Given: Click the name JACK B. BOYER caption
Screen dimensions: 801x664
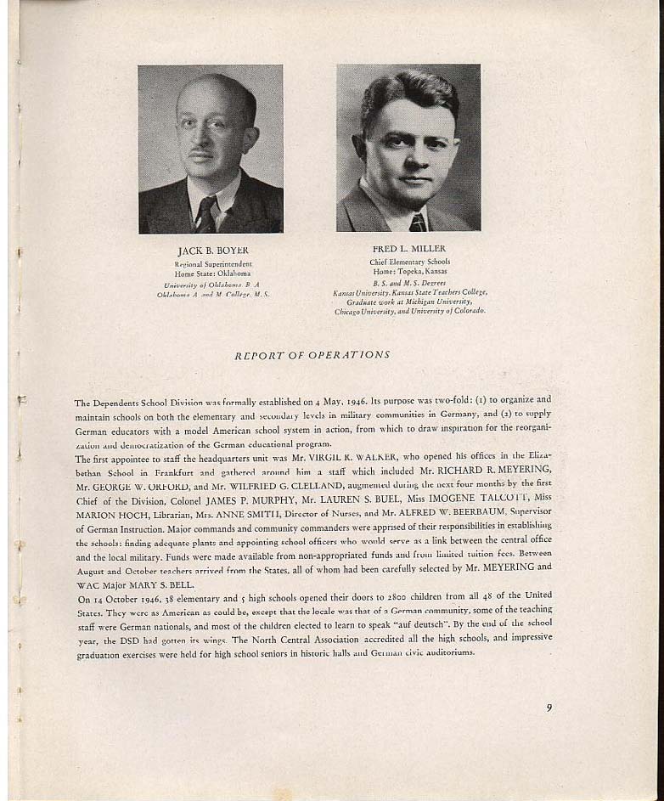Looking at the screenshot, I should (212, 251).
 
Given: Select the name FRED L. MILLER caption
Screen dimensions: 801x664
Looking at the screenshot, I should (409, 249).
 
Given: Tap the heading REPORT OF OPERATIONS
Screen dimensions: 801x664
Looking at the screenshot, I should (312, 354).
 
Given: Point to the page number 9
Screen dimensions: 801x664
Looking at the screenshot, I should (549, 707).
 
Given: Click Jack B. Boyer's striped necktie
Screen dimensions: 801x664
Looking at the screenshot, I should (205, 215).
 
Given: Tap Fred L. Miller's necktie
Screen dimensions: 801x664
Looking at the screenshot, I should (417, 223).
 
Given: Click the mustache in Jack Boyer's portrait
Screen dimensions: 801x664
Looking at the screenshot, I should (200, 155).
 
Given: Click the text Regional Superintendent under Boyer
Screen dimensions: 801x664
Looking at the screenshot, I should (213, 265).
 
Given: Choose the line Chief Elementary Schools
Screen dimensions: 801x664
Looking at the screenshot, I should (410, 262).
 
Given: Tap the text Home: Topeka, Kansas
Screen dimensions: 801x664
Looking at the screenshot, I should (409, 271).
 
